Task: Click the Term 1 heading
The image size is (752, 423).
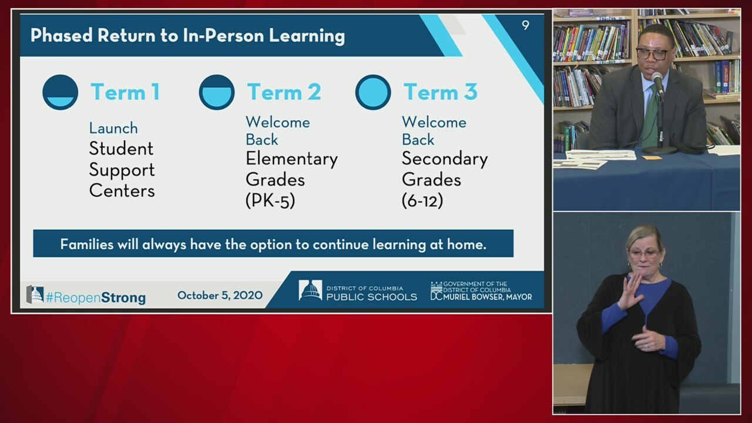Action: (125, 92)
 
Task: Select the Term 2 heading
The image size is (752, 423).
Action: (284, 92)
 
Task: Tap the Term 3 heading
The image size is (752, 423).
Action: (441, 92)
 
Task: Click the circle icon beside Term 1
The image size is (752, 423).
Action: (61, 92)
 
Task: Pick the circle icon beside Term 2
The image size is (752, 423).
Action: (217, 92)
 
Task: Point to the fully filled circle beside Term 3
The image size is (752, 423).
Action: (373, 92)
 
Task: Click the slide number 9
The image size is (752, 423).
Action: (525, 25)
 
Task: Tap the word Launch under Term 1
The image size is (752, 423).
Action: (113, 128)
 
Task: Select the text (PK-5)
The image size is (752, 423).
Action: (270, 201)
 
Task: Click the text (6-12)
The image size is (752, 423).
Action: (422, 201)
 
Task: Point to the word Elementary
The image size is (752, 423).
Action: (292, 159)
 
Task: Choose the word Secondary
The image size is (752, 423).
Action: (445, 159)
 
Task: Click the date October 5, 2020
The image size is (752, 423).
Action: (220, 296)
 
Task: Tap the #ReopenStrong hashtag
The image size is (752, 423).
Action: (96, 298)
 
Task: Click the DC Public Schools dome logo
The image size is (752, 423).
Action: (310, 290)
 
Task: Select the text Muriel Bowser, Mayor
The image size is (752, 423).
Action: (488, 297)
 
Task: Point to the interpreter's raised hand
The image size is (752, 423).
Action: (630, 291)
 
